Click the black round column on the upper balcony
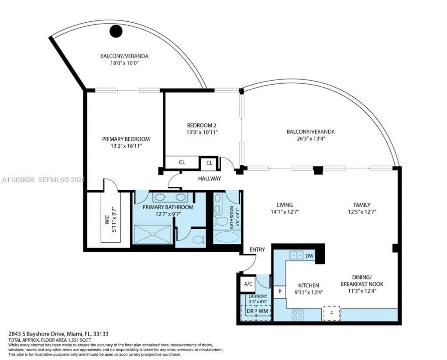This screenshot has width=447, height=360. [116, 31]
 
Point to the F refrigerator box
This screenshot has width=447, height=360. [331, 313]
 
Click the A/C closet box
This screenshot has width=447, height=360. [248, 284]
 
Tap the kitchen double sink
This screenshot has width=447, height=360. [297, 255]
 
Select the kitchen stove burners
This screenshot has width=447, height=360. [298, 313]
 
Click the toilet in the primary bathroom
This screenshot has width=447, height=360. [198, 239]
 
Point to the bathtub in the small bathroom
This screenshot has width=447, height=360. [227, 237]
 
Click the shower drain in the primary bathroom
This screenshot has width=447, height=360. [153, 234]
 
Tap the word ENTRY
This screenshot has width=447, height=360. [257, 250]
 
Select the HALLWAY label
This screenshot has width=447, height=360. [210, 178]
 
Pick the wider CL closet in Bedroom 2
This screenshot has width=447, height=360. [182, 162]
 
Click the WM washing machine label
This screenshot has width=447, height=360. [264, 311]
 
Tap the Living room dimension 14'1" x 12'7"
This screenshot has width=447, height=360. [284, 212]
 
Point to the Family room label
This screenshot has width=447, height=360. [362, 205]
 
